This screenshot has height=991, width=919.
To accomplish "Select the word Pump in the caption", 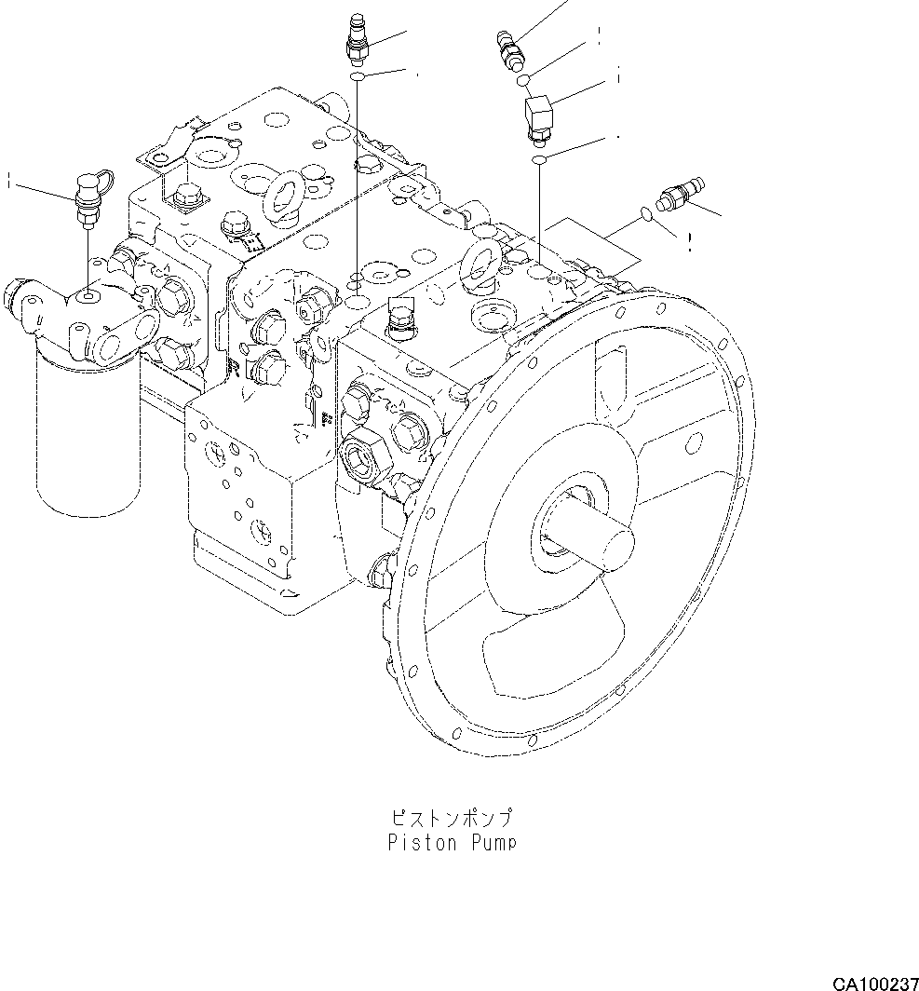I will [491, 844].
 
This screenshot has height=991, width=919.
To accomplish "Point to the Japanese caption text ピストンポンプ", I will [451, 820].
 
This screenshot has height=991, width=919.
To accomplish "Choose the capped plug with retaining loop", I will [89, 194].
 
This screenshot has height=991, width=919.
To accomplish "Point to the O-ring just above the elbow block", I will [524, 79].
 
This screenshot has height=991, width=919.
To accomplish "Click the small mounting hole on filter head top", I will [88, 295].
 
